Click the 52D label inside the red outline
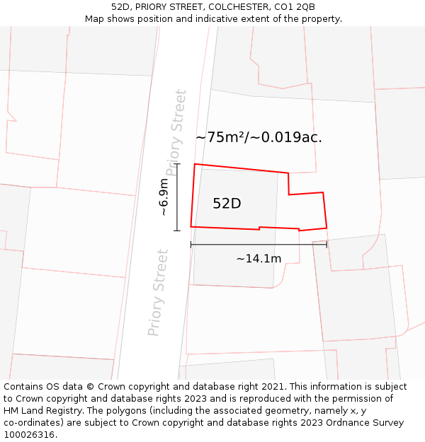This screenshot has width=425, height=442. pyautogui.click(x=227, y=204)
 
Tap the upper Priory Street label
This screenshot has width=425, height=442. pyautogui.click(x=177, y=133)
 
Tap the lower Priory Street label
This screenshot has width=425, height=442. pyautogui.click(x=159, y=293)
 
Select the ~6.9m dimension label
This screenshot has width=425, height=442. pyautogui.click(x=164, y=197)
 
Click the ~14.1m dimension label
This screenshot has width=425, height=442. pyautogui.click(x=259, y=259)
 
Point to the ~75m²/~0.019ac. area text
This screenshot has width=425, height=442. pyautogui.click(x=259, y=137)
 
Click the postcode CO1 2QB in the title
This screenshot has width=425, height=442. pyautogui.click(x=296, y=7)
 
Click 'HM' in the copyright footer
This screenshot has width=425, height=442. pyautogui.click(x=11, y=411)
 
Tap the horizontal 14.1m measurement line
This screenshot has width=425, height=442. pyautogui.click(x=259, y=245)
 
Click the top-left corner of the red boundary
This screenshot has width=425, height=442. pyautogui.click(x=195, y=165)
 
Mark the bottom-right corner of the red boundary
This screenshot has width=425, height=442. pyautogui.click(x=327, y=228)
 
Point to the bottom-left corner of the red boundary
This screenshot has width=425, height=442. pyautogui.click(x=191, y=226)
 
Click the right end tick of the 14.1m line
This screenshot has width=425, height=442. pyautogui.click(x=327, y=245)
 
